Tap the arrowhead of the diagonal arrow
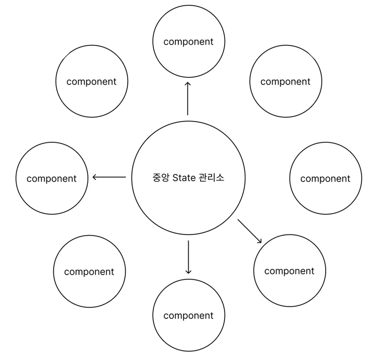click(260, 241)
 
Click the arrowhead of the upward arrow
click(188, 83)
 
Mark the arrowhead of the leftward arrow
click(95, 177)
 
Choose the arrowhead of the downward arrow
click(188, 272)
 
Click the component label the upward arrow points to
click(189, 42)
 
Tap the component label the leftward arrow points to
click(51, 179)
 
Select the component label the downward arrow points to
click(189, 316)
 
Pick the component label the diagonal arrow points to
click(289, 271)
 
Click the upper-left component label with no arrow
click(92, 81)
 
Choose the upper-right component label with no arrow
click(285, 81)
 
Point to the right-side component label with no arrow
click(325, 179)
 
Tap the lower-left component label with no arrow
click(89, 272)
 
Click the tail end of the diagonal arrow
click(238, 220)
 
